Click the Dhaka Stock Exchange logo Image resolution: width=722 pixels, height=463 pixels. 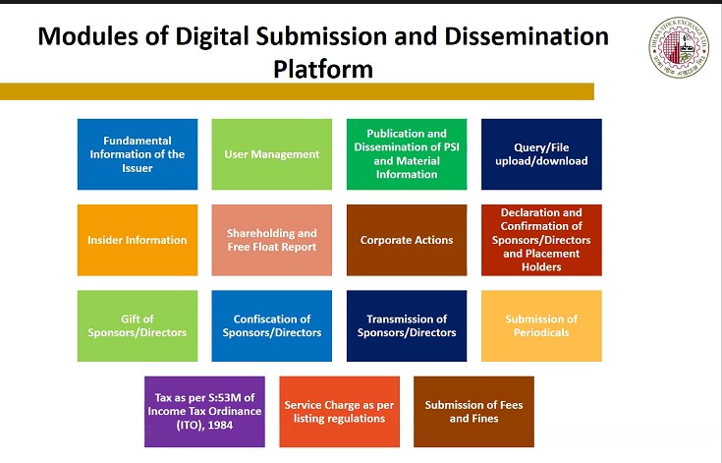pyautogui.click(x=679, y=48)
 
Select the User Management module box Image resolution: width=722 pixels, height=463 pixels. pyautogui.click(x=272, y=154)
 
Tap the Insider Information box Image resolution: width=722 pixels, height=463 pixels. pyautogui.click(x=138, y=240)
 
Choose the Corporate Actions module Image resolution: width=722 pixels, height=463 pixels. pyautogui.click(x=407, y=240)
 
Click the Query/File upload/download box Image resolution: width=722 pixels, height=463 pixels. pyautogui.click(x=541, y=154)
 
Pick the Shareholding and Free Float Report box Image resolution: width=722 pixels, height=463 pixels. pyautogui.click(x=272, y=240)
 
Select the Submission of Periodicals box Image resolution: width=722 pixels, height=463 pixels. pyautogui.click(x=541, y=325)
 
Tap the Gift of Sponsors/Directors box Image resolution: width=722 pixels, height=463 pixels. pyautogui.click(x=138, y=325)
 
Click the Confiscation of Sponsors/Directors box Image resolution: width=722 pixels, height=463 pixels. pyautogui.click(x=272, y=325)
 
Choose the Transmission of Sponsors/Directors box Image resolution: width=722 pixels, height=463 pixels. pyautogui.click(x=407, y=325)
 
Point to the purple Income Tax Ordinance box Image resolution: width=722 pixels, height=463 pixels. pyautogui.click(x=204, y=412)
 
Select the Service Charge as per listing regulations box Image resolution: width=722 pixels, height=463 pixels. pyautogui.click(x=339, y=412)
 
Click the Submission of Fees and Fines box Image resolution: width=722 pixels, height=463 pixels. pyautogui.click(x=473, y=412)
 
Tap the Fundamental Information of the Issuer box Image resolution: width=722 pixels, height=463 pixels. pyautogui.click(x=138, y=154)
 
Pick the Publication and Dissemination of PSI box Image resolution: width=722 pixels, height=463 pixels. pyautogui.click(x=407, y=154)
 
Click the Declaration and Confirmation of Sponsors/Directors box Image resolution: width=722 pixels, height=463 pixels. pyautogui.click(x=541, y=240)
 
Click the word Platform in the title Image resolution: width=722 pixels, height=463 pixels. pyautogui.click(x=323, y=70)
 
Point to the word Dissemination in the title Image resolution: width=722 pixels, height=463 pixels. pyautogui.click(x=527, y=36)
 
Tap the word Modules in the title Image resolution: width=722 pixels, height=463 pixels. pyautogui.click(x=88, y=36)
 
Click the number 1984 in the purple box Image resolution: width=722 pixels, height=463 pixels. pyautogui.click(x=220, y=425)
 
